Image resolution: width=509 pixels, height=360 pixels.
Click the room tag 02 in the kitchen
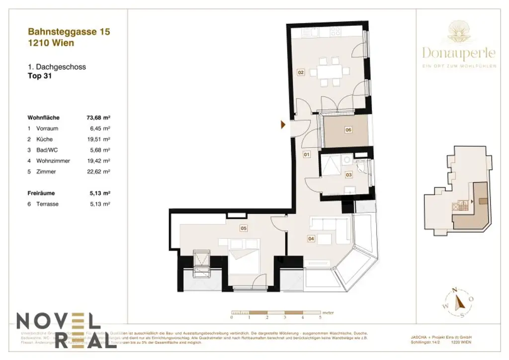(301, 73)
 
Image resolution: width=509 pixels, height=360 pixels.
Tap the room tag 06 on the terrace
(348, 130)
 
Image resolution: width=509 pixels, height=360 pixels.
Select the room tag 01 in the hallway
(307, 155)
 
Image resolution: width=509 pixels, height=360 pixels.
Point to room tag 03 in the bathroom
(349, 175)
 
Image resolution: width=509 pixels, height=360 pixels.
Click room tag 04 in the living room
(311, 239)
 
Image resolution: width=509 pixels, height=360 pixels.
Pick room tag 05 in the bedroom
(244, 229)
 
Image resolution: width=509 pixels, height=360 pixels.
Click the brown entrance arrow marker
(283, 125)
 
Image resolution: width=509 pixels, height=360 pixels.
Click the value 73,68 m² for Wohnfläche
(98, 118)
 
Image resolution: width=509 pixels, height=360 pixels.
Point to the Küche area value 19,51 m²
(98, 139)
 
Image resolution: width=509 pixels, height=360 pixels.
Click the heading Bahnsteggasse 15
(69, 32)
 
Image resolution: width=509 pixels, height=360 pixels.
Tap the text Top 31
(40, 77)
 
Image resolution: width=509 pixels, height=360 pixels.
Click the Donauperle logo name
(458, 53)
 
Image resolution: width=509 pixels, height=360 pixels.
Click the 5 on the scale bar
(321, 317)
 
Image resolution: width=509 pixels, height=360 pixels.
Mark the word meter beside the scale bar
(328, 311)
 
